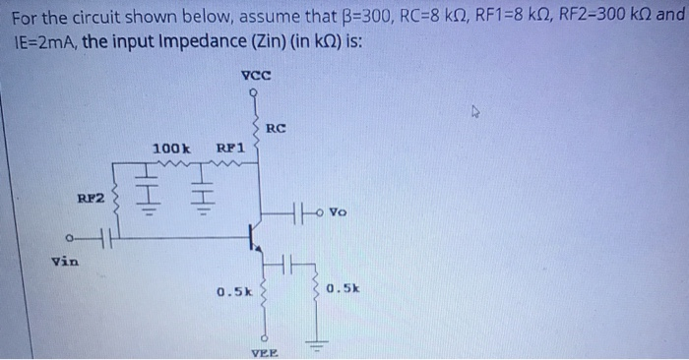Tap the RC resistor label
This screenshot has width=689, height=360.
tap(278, 128)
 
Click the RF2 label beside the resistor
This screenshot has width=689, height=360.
tap(92, 199)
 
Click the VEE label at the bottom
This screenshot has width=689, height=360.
tap(264, 352)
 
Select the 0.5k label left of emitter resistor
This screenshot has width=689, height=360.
tap(235, 292)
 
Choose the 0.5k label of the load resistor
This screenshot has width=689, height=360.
tap(345, 289)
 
